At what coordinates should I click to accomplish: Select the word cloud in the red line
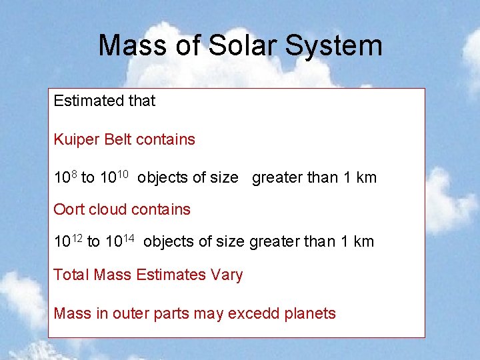pos(107,209)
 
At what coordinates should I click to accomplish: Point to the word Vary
pos(227,275)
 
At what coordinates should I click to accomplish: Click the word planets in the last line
pos(311,313)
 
